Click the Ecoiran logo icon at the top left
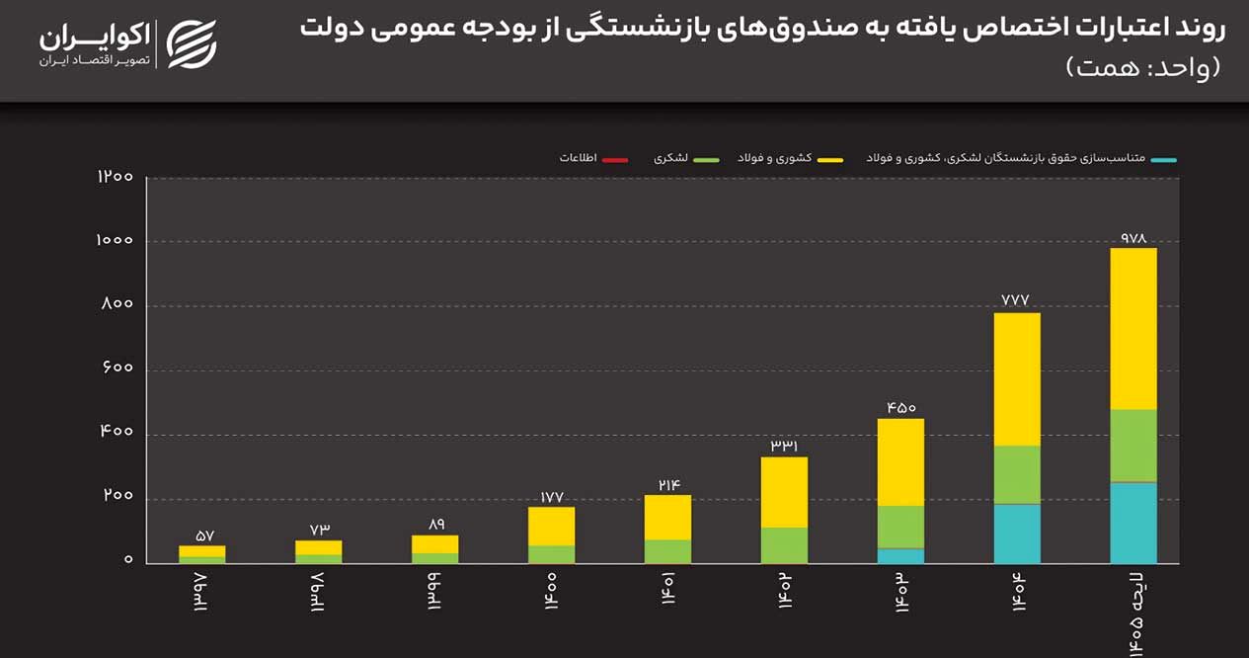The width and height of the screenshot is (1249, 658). pyautogui.click(x=191, y=44)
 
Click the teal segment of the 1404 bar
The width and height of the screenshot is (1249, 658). pyautogui.click(x=1017, y=534)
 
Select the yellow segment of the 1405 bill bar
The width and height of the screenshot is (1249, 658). pyautogui.click(x=1132, y=328)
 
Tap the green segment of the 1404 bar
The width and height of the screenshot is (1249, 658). pyautogui.click(x=1017, y=474)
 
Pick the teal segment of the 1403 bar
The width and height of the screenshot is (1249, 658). pyautogui.click(x=900, y=556)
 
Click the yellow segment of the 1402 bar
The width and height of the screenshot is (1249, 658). pyautogui.click(x=784, y=492)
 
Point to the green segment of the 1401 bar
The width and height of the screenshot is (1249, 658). pyautogui.click(x=667, y=551)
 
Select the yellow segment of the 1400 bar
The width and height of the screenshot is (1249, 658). pyautogui.click(x=551, y=526)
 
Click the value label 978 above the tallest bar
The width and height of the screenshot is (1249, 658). pyautogui.click(x=1132, y=238)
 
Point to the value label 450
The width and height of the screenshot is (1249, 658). pyautogui.click(x=900, y=407)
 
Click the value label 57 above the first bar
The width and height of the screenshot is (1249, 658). pyautogui.click(x=203, y=535)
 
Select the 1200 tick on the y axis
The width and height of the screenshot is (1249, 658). pyautogui.click(x=116, y=177)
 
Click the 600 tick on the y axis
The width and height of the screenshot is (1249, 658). pyautogui.click(x=116, y=369)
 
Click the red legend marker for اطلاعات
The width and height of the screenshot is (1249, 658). pyautogui.click(x=614, y=159)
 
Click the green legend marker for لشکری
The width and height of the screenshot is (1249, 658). pyautogui.click(x=704, y=159)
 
